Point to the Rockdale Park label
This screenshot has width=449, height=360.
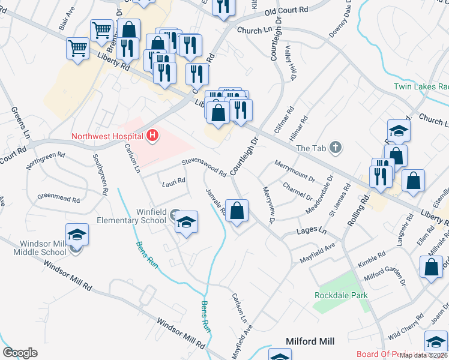[x=341, y=295]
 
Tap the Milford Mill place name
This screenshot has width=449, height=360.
[x=310, y=341]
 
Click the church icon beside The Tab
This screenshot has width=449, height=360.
[x=336, y=147]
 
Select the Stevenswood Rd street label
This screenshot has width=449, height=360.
[x=204, y=167]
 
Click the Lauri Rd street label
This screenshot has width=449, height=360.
[x=173, y=181]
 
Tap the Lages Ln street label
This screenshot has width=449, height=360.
[x=312, y=231]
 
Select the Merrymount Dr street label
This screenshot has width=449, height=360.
[x=294, y=170]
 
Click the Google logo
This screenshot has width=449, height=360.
[x=20, y=353]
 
